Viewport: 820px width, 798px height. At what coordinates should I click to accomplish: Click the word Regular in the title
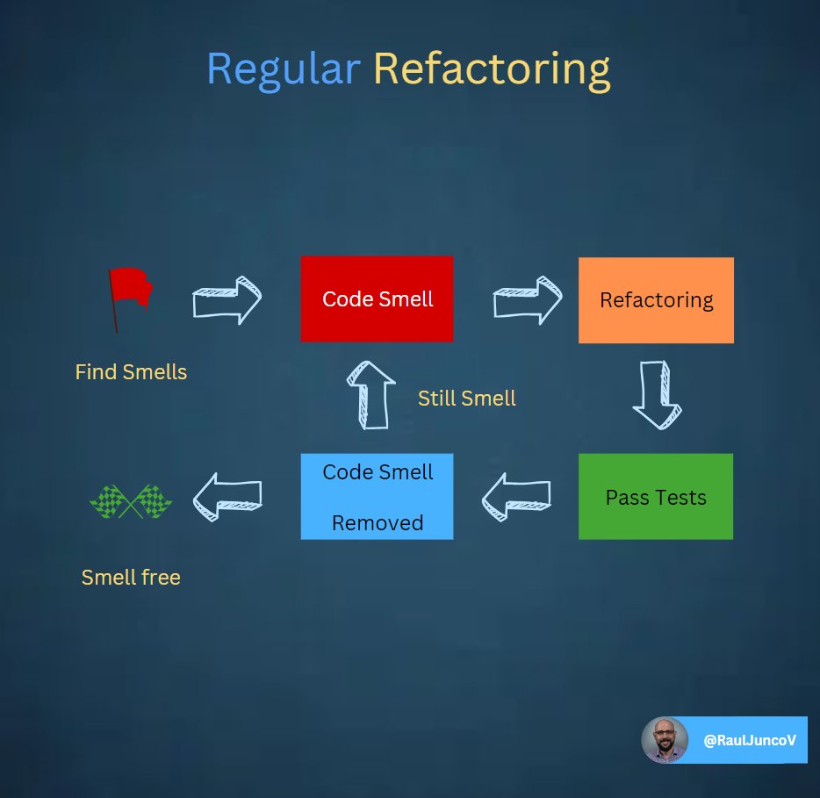click(283, 69)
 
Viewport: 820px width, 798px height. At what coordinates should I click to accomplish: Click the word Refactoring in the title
click(492, 70)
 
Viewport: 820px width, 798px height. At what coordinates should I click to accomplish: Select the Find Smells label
click(131, 372)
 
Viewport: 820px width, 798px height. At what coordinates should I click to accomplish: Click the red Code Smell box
click(377, 298)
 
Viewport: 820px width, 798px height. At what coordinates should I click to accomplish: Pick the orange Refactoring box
click(656, 299)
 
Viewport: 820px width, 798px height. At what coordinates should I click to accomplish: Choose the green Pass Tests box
click(656, 497)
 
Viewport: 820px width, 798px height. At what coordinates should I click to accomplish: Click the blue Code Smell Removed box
click(377, 496)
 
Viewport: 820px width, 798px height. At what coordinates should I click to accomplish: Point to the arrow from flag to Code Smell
click(227, 300)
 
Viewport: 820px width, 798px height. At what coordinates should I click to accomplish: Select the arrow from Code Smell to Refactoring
click(527, 300)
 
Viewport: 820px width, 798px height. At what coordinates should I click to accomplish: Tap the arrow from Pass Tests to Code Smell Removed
click(516, 497)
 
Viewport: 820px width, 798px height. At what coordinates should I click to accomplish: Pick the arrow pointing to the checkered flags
click(227, 498)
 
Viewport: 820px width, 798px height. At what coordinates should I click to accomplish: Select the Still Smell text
click(466, 398)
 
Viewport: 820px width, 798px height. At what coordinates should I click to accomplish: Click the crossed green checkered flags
click(131, 501)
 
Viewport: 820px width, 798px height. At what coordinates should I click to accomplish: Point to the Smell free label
click(131, 577)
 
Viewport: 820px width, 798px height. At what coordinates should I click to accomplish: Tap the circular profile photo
click(665, 740)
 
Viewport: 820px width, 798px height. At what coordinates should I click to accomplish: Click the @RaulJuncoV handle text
click(750, 741)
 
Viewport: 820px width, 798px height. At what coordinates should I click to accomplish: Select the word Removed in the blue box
click(378, 523)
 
